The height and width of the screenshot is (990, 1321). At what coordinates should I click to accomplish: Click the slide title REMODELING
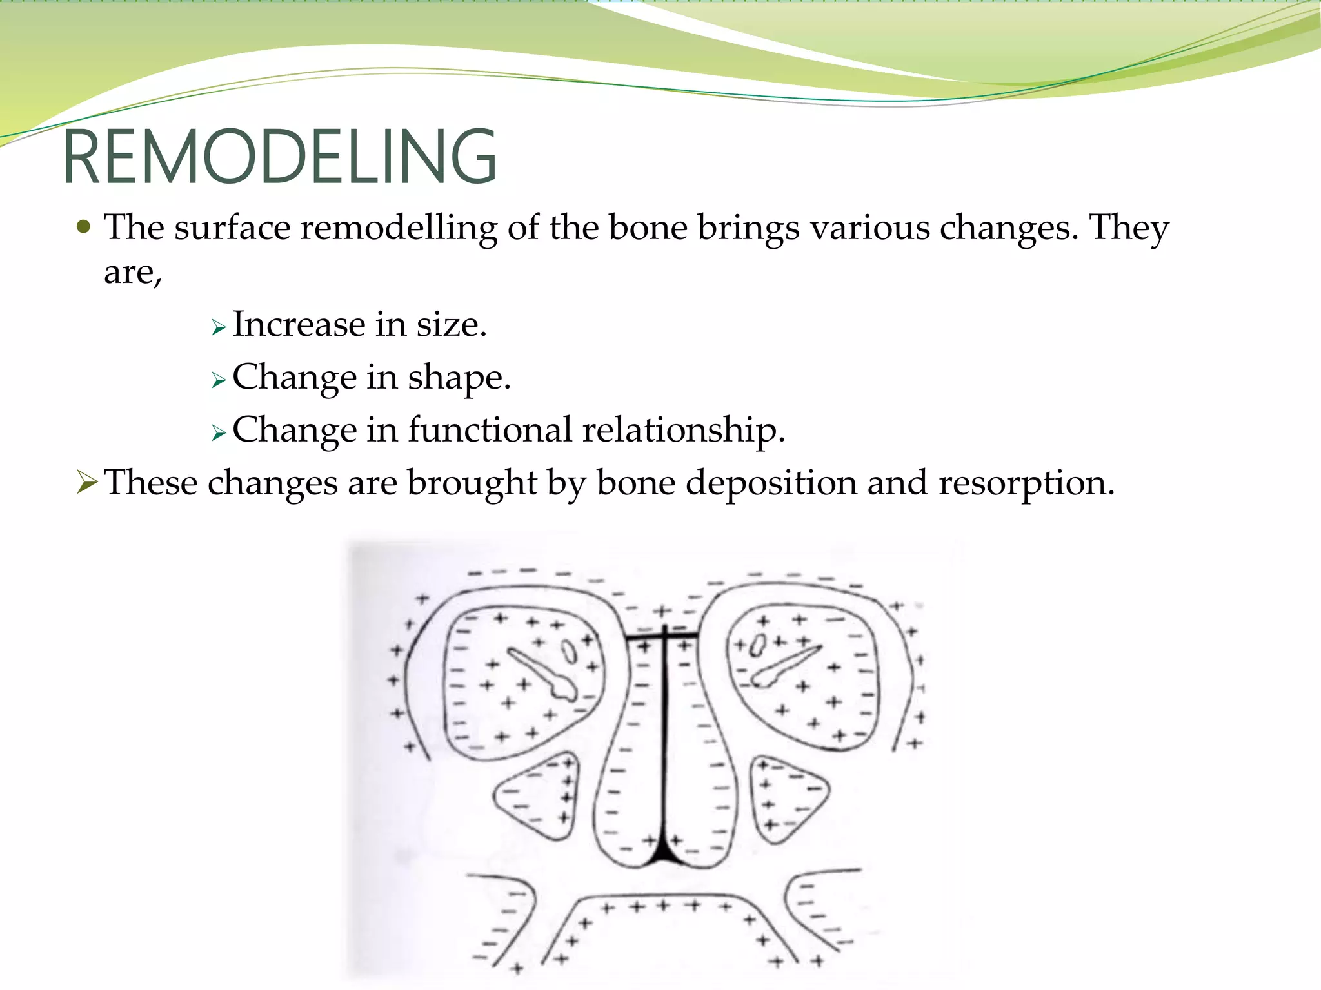pyautogui.click(x=280, y=157)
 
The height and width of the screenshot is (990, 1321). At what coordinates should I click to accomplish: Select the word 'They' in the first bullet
pyautogui.click(x=1128, y=228)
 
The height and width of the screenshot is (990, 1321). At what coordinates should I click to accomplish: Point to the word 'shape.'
pyautogui.click(x=459, y=378)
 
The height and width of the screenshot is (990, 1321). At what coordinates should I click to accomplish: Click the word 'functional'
pyautogui.click(x=490, y=430)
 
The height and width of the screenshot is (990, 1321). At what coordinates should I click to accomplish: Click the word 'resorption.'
pyautogui.click(x=1026, y=483)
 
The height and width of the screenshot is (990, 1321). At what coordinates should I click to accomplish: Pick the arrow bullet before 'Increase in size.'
pyautogui.click(x=219, y=328)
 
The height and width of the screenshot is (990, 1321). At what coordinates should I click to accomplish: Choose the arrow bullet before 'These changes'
pyautogui.click(x=86, y=482)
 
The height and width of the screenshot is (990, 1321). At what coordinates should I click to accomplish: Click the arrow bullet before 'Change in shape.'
pyautogui.click(x=219, y=381)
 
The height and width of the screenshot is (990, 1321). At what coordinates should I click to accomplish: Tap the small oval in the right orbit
pyautogui.click(x=759, y=645)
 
